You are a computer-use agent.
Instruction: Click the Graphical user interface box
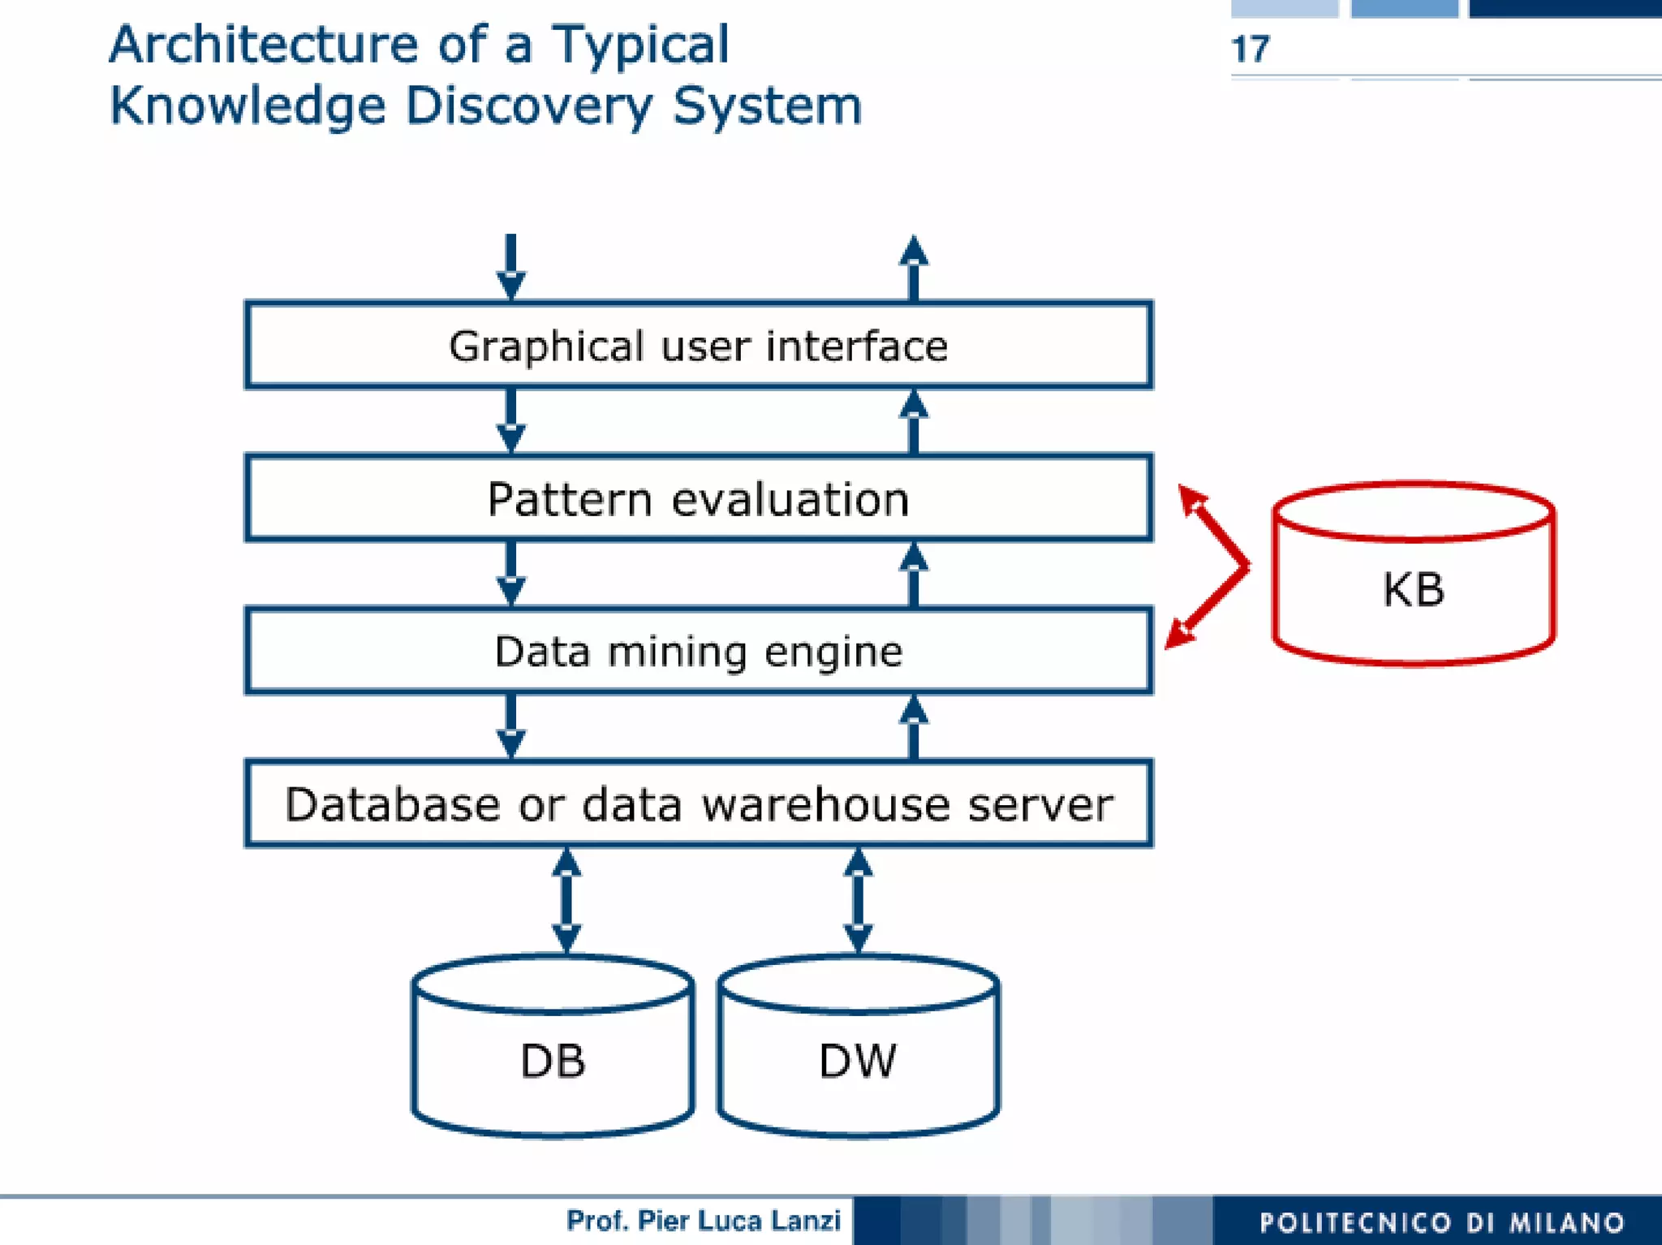(x=698, y=346)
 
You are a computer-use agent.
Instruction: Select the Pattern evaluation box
(x=698, y=498)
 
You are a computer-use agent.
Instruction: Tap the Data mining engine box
(x=698, y=651)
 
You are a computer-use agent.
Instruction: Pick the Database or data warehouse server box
(x=698, y=803)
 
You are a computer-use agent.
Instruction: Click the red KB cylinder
(x=1413, y=588)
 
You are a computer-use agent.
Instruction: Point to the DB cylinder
(x=553, y=1059)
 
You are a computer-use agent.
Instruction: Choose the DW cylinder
(x=858, y=1059)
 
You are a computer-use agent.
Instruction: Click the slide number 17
(x=1250, y=50)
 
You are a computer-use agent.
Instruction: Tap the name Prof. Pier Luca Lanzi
(x=703, y=1220)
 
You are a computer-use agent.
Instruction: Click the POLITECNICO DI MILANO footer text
(x=1442, y=1222)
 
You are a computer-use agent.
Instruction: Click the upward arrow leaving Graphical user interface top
(x=914, y=268)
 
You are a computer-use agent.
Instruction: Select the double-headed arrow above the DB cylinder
(x=566, y=899)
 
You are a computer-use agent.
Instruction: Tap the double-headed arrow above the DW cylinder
(x=858, y=899)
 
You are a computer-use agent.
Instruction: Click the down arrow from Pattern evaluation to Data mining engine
(x=510, y=573)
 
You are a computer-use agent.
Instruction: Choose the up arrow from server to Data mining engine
(x=914, y=726)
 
